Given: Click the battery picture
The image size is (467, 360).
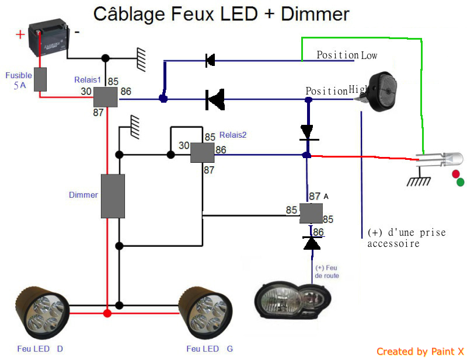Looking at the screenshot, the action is coord(48,37).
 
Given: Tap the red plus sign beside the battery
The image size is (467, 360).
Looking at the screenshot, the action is coord(20,34).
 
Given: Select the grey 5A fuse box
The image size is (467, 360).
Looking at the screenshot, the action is coord(40,79).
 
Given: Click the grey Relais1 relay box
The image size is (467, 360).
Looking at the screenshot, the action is coord(106,97).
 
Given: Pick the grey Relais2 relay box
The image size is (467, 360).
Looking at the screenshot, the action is coord(202,152).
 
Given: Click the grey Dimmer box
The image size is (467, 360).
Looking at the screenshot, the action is coord(113,196).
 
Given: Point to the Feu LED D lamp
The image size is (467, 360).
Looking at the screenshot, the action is coord(42,313).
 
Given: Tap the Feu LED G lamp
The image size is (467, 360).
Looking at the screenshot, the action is coord(205,313).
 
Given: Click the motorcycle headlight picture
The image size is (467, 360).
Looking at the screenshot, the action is coord(293,300).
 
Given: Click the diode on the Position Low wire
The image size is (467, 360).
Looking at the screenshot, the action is coord(210,61).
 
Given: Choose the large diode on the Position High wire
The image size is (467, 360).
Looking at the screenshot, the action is coord(215,99).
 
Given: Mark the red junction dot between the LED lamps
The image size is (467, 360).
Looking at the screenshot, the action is coord(107,313).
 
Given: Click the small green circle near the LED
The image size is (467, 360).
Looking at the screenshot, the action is coord(461,182).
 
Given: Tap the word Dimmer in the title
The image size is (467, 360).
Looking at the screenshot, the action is coord(315,14).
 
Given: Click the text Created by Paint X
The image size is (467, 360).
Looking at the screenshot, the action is coord(420,351).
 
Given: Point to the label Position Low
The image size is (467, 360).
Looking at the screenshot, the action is coord(347,55).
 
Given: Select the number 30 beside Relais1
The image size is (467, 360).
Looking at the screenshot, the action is coord(86,91).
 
